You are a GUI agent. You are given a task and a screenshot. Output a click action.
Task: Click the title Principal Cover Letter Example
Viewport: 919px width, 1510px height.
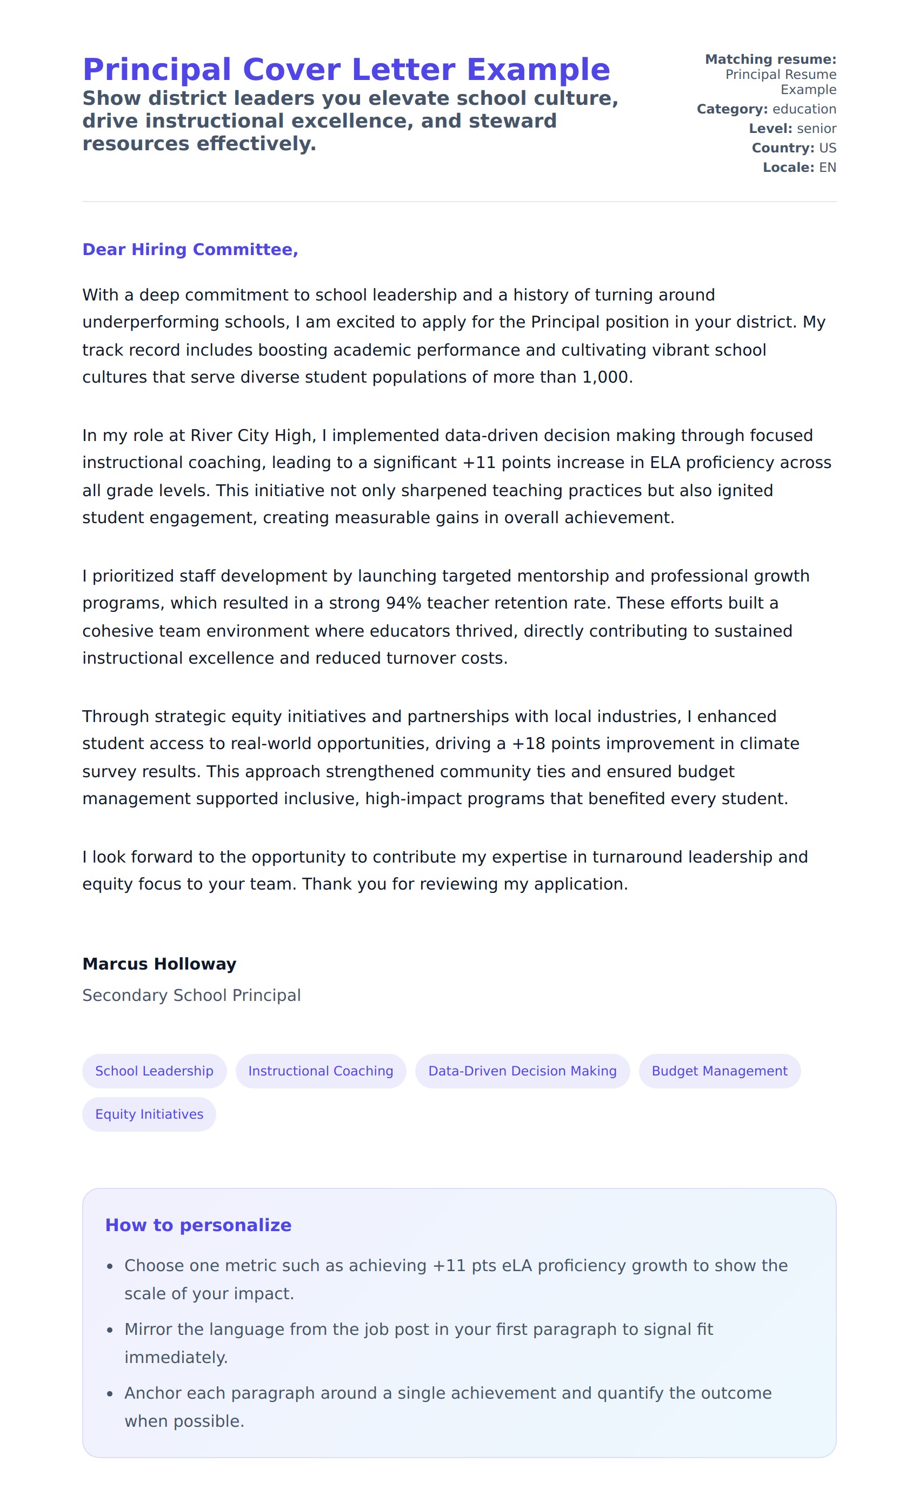[x=347, y=69]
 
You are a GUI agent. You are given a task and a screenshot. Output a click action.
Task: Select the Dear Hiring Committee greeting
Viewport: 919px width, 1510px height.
[x=190, y=250]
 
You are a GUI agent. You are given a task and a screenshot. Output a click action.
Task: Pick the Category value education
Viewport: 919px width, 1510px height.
[x=804, y=109]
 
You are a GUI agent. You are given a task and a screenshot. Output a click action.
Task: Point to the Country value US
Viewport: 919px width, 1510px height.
[x=827, y=148]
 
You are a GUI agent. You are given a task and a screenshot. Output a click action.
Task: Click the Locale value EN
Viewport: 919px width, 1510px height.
[x=827, y=168]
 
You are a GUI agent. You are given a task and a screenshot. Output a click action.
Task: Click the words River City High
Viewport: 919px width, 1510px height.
[x=251, y=436]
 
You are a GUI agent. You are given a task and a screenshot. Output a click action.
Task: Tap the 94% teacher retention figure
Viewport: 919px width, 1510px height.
[x=403, y=603]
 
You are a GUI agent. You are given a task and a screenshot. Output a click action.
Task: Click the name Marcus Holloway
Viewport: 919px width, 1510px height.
[x=159, y=964]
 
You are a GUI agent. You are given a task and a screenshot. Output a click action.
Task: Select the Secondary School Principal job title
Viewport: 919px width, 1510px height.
[x=191, y=995]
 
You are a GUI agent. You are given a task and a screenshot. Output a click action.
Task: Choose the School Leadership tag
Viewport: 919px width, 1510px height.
[x=155, y=1071]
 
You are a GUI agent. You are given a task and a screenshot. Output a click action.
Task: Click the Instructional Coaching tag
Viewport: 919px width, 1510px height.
[x=321, y=1071]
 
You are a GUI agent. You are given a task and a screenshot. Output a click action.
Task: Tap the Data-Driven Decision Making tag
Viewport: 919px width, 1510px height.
[x=522, y=1071]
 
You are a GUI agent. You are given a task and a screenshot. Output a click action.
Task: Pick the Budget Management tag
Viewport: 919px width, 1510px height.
[x=719, y=1071]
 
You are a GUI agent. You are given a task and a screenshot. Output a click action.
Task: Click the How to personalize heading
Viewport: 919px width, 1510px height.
[x=198, y=1225]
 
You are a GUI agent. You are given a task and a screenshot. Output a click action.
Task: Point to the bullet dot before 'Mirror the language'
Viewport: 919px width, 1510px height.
[x=110, y=1331]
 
